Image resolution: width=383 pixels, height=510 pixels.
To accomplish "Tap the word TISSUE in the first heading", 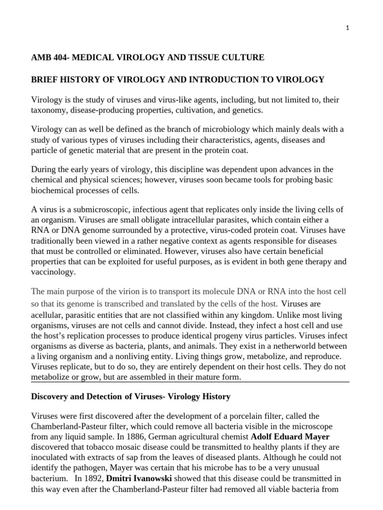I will pyautogui.click(x=201, y=58).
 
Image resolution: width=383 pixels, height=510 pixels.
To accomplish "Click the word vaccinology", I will pyautogui.click(x=53, y=272).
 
